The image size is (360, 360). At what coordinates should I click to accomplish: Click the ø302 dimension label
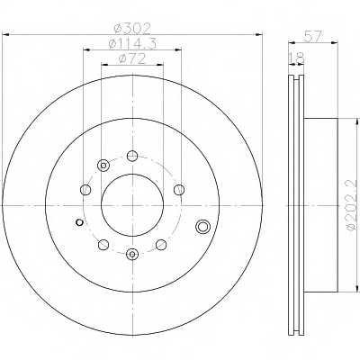[132, 29]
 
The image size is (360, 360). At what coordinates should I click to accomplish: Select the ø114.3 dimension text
[132, 44]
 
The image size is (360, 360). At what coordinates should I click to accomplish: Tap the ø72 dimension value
[132, 58]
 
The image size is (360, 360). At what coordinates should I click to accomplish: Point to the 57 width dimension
[313, 37]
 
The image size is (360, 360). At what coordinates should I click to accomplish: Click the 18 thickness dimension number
[296, 58]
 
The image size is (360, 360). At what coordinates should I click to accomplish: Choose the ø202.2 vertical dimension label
[355, 205]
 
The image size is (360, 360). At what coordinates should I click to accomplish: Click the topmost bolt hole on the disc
[132, 156]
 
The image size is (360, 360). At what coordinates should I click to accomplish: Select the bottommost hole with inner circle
[132, 255]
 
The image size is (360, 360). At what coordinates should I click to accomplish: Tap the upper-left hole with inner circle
[103, 166]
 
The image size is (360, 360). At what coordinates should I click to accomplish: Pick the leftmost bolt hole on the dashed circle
[85, 190]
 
